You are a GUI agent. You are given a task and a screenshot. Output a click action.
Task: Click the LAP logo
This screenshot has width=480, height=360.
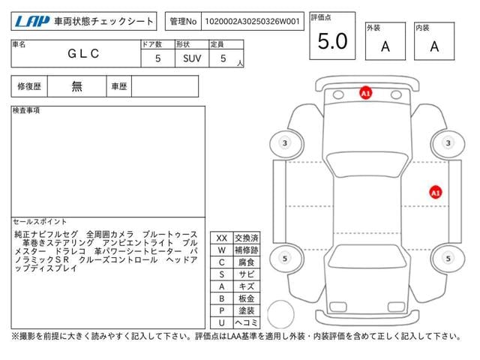(32, 22)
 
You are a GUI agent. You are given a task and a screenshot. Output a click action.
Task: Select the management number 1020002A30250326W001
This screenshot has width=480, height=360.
(252, 22)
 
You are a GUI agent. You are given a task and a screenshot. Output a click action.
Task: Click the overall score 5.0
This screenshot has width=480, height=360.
(332, 41)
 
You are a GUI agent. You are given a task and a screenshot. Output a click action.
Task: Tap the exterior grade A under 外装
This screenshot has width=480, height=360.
(385, 46)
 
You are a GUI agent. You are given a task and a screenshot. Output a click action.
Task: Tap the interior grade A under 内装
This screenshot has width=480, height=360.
(434, 46)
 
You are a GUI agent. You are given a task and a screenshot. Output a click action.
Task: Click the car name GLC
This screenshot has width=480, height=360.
(83, 53)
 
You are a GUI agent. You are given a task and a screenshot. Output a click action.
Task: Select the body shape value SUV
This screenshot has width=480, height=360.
(192, 58)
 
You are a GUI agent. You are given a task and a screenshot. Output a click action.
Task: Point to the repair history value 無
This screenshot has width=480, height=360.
(76, 86)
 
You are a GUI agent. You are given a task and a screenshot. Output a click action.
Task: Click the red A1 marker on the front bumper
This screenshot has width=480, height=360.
(365, 93)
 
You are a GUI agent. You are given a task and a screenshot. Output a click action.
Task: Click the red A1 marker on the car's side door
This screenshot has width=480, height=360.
(435, 193)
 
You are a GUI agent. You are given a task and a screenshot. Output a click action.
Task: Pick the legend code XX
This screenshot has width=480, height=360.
(222, 238)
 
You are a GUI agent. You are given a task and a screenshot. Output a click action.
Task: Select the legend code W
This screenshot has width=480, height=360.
(222, 250)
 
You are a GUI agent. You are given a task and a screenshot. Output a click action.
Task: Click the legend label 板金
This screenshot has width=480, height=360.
(247, 298)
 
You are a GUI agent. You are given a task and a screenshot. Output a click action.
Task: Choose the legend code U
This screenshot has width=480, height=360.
(222, 322)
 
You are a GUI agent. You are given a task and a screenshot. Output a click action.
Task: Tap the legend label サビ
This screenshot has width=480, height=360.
(247, 274)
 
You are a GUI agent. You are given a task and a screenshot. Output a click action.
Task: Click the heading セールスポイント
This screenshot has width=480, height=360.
(40, 221)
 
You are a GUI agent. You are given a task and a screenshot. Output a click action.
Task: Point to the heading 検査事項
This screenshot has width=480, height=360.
(26, 110)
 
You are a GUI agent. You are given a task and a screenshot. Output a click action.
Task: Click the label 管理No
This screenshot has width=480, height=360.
(183, 22)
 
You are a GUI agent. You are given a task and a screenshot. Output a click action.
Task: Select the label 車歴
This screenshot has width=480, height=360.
(119, 86)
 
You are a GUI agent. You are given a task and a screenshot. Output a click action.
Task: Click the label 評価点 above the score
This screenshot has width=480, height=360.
(321, 17)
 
